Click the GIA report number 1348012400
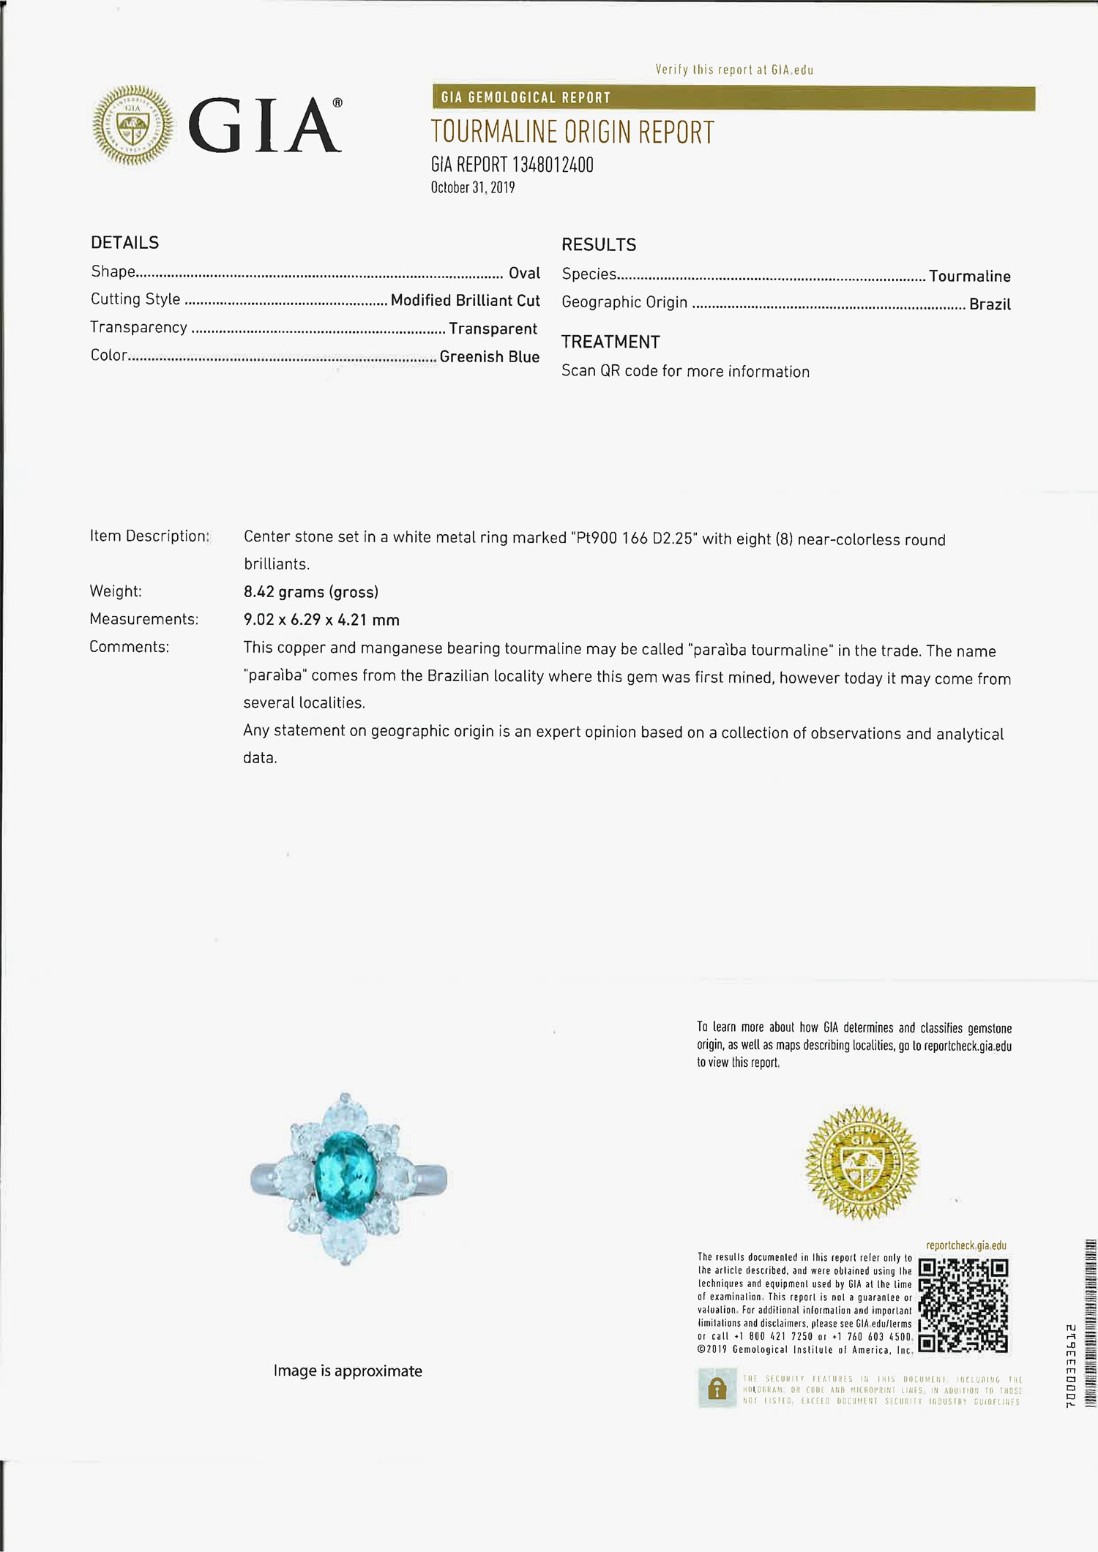[x=512, y=165]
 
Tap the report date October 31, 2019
[x=472, y=187]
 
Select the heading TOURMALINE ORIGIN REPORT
[x=572, y=132]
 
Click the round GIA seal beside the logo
[x=133, y=125]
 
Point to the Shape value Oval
[x=524, y=273]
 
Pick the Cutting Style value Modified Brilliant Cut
[x=465, y=301]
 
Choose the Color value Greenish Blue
[x=489, y=357]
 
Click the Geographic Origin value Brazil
[x=989, y=304]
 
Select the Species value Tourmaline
[x=969, y=277]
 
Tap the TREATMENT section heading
[x=610, y=342]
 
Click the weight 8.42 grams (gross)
[x=310, y=592]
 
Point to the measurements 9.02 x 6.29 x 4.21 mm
[x=321, y=620]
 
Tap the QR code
[x=963, y=1305]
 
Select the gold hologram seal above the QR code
[x=861, y=1163]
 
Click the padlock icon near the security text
[x=717, y=1390]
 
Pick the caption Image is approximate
[x=348, y=1371]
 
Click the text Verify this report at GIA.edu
[x=734, y=70]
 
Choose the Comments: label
[x=129, y=647]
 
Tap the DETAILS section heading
[x=124, y=242]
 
